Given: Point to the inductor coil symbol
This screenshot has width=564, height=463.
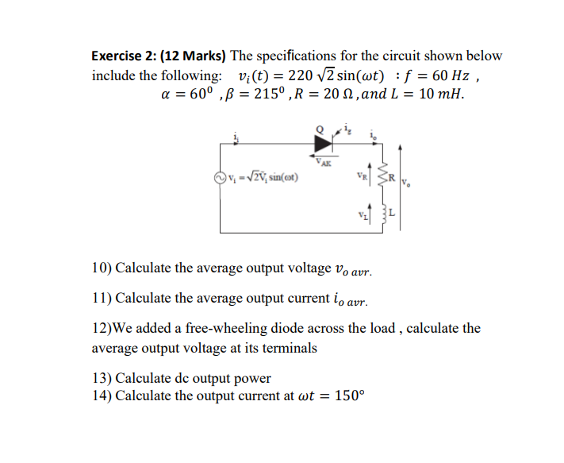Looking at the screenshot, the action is coord(383,213).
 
